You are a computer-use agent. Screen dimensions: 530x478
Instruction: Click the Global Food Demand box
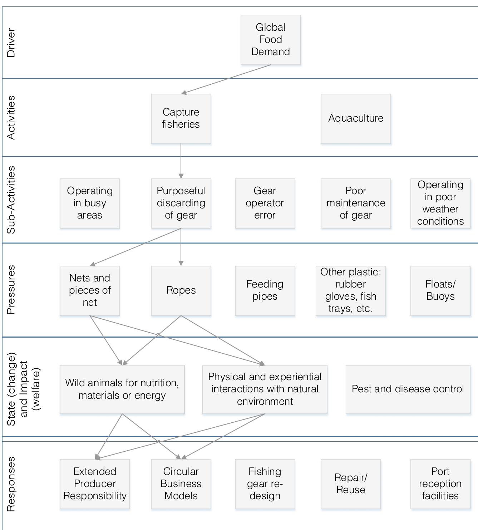tap(271, 40)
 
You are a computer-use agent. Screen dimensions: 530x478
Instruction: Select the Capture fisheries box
tap(181, 119)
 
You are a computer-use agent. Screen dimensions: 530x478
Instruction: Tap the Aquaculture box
tap(356, 119)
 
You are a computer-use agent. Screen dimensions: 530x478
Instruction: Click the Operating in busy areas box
tap(90, 203)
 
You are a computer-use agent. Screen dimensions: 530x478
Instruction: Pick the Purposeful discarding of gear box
tap(181, 203)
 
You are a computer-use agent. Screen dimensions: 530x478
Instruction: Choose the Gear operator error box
tap(265, 203)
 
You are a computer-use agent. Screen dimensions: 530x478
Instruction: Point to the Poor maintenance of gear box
tap(356, 203)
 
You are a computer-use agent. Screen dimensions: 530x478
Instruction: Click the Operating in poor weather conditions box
tap(440, 203)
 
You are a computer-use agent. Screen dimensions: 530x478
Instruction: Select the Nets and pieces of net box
tap(90, 290)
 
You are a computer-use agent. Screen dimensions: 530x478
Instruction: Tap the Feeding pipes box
tap(265, 290)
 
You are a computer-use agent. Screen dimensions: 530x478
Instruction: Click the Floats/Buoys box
tap(440, 290)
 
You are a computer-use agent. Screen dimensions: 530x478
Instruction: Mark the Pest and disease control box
tap(408, 389)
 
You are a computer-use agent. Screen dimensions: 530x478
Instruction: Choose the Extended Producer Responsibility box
tap(95, 484)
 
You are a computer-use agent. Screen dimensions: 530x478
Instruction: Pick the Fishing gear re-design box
tap(265, 484)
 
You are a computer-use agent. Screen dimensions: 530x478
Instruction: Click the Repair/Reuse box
tap(351, 484)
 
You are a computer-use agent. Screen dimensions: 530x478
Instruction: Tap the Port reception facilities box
tap(440, 484)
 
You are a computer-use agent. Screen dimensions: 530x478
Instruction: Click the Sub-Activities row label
tap(11, 200)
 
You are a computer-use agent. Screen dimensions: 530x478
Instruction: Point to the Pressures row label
tap(11, 290)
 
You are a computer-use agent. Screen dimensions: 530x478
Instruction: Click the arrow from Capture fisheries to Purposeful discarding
tap(181, 161)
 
